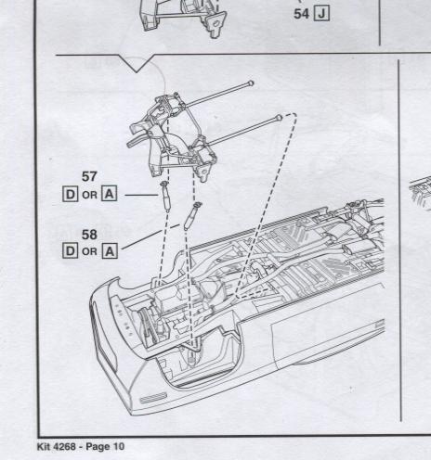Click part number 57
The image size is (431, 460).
pyautogui.click(x=89, y=176)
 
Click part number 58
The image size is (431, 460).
pyautogui.click(x=89, y=235)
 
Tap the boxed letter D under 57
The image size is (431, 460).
pyautogui.click(x=70, y=195)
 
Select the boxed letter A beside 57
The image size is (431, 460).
pyautogui.click(x=110, y=194)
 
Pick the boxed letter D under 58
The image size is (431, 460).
pyautogui.click(x=70, y=251)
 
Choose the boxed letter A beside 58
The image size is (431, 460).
pyautogui.click(x=110, y=251)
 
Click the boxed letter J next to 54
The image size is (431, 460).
pyautogui.click(x=321, y=14)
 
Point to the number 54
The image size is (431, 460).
pyautogui.click(x=301, y=14)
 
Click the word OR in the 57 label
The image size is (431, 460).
pyautogui.click(x=90, y=195)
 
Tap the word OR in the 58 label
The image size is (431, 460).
pyautogui.click(x=90, y=251)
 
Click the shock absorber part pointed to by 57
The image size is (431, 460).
pyautogui.click(x=165, y=196)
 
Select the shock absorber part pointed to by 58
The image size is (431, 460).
pyautogui.click(x=191, y=216)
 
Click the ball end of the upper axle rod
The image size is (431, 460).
pyautogui.click(x=251, y=83)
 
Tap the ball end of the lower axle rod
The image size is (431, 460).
pyautogui.click(x=279, y=118)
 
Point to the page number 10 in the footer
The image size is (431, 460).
pyautogui.click(x=119, y=447)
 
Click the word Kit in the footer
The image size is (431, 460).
pyautogui.click(x=44, y=447)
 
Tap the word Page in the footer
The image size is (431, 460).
pyautogui.click(x=98, y=447)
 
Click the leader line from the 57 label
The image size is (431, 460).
pyautogui.click(x=142, y=195)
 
